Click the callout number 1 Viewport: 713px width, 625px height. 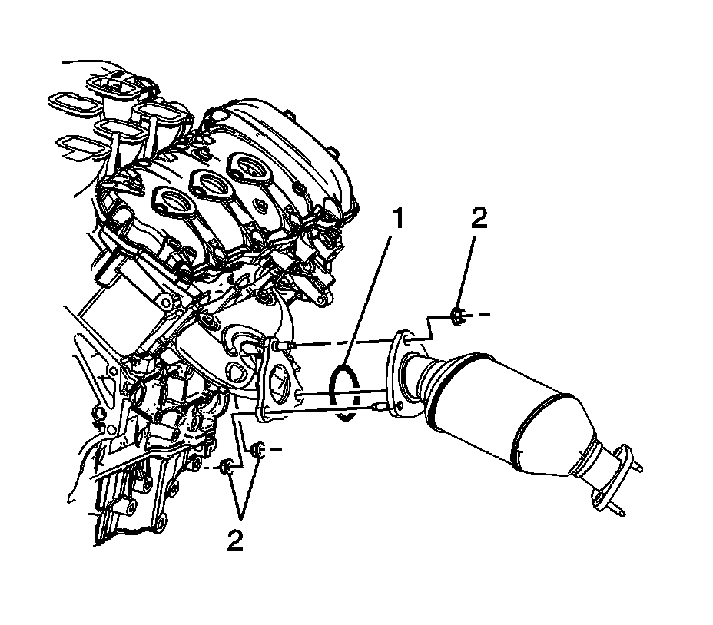tap(398, 219)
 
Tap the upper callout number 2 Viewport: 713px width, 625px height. tap(479, 219)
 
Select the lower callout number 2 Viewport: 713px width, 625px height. tap(234, 540)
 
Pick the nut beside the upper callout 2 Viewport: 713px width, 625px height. tap(456, 316)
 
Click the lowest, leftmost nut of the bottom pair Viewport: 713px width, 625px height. tap(226, 468)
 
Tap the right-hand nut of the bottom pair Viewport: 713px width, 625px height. tap(258, 449)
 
